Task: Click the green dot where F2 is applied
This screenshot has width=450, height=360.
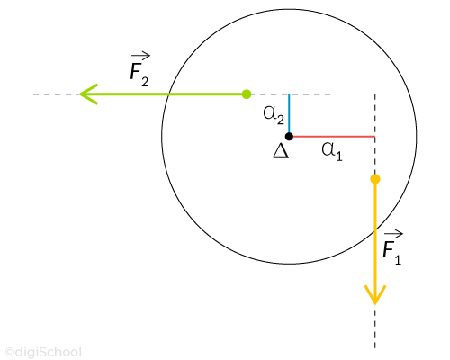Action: pyautogui.click(x=247, y=94)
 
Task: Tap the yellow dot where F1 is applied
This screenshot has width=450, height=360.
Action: pyautogui.click(x=375, y=179)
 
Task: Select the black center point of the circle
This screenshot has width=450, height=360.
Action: pyautogui.click(x=289, y=137)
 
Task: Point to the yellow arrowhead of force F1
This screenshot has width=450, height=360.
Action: pyautogui.click(x=375, y=295)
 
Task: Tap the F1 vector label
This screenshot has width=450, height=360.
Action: pyautogui.click(x=392, y=247)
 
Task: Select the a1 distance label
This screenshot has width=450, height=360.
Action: pyautogui.click(x=332, y=151)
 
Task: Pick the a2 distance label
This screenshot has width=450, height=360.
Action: pyautogui.click(x=274, y=115)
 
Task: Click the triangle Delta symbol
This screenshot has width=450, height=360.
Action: pyautogui.click(x=281, y=151)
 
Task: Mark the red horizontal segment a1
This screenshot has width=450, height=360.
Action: pyautogui.click(x=334, y=137)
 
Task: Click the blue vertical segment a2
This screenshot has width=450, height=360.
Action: pyautogui.click(x=289, y=113)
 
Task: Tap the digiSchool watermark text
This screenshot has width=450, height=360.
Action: pyautogui.click(x=43, y=352)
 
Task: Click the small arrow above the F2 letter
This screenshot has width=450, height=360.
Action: pyautogui.click(x=140, y=55)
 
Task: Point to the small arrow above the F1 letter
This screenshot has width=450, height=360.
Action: pyautogui.click(x=393, y=233)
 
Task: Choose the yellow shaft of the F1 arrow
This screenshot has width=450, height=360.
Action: pyautogui.click(x=375, y=240)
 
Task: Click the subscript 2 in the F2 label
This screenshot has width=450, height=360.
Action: pyautogui.click(x=145, y=82)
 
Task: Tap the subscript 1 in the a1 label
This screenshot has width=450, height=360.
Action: pyautogui.click(x=339, y=156)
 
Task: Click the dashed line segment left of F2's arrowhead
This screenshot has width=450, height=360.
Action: pyautogui.click(x=56, y=94)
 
